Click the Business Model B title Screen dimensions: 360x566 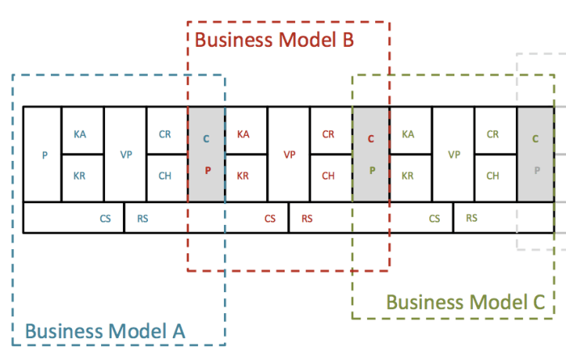coord(275,38)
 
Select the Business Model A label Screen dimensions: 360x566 coord(105,331)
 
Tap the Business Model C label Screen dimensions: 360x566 coord(466,303)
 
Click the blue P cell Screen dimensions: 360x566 coord(44,155)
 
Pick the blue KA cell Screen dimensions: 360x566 coord(80,134)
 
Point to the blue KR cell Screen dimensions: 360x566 coord(80,175)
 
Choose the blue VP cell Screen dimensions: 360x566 coord(126,155)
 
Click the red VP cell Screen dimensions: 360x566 coord(289,155)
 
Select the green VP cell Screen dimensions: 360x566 coord(454,155)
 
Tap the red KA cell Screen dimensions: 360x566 coord(243,134)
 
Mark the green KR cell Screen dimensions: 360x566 coord(408,175)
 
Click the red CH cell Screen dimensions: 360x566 coord(328,175)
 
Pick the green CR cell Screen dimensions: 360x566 coord(492,134)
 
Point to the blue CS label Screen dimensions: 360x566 coord(106,218)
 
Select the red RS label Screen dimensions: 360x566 coord(307,218)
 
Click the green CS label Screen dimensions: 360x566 coord(435,218)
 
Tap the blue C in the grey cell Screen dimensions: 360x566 coord(206,139)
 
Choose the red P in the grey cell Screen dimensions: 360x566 coord(206,171)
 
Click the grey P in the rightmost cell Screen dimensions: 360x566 coord(535,171)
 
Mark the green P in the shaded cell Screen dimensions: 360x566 coord(371,171)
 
